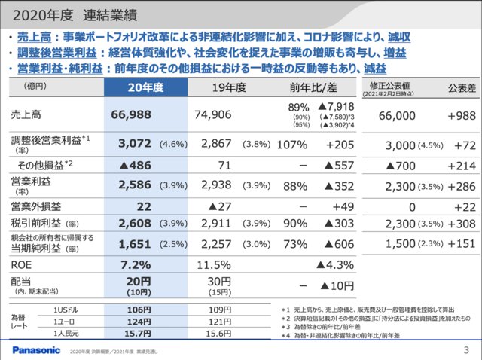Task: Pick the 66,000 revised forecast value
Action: pos(396,114)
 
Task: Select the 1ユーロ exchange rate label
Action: pos(66,321)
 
